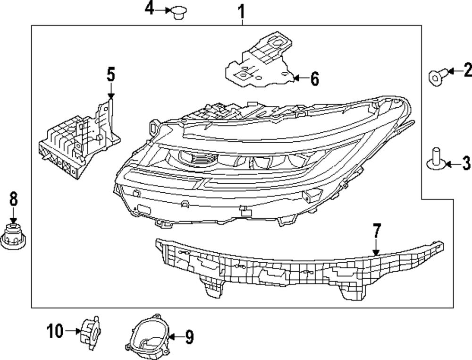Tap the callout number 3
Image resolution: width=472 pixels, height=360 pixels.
coord(466,163)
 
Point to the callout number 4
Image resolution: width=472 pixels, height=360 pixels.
coord(149,9)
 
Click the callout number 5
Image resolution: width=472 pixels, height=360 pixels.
coord(110,74)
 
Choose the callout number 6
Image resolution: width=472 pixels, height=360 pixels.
coord(314,79)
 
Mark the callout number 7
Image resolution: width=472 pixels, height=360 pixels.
coord(376,231)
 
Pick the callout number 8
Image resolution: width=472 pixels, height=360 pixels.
coord(13,199)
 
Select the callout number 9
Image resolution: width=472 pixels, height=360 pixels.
coord(188,337)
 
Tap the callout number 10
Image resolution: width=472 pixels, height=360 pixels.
coord(55,331)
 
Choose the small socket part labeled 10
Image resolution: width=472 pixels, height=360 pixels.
coord(89,333)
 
